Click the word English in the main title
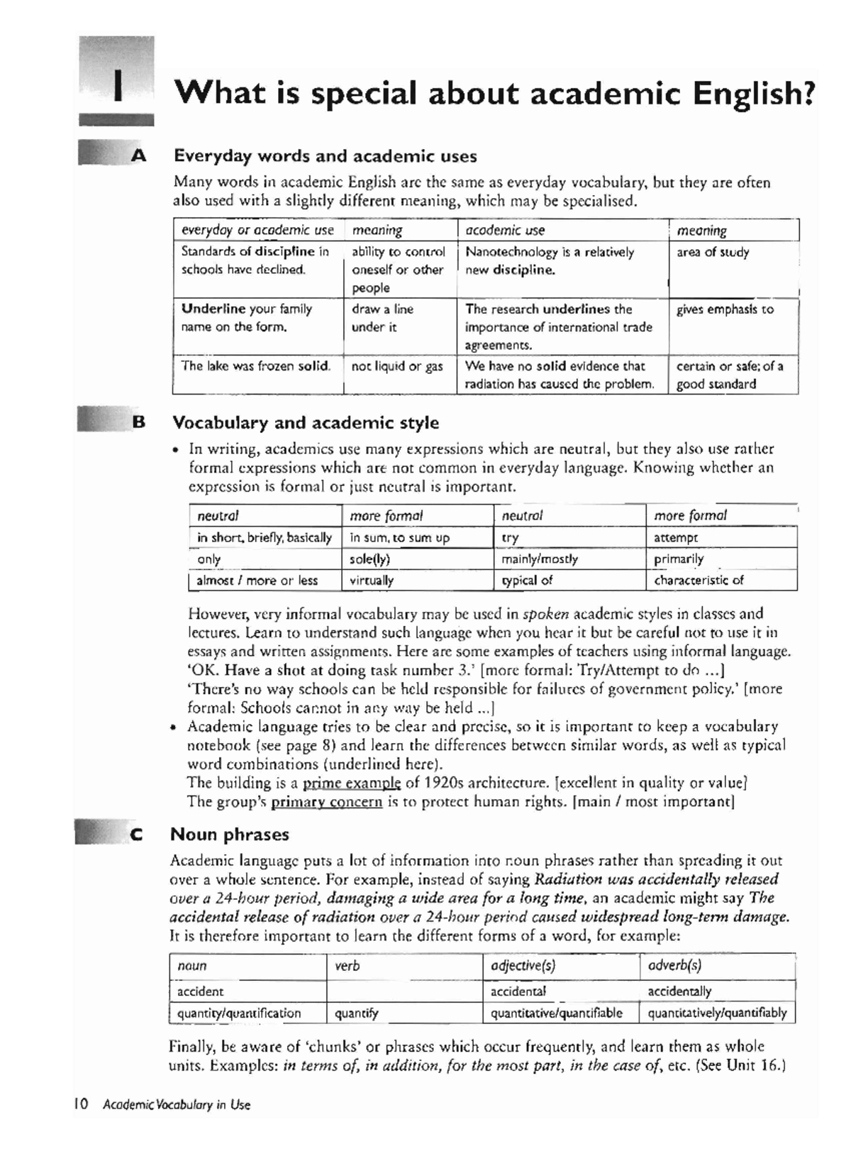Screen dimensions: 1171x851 [752, 93]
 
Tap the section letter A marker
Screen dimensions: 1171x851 [138, 155]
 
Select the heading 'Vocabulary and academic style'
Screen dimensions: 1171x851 [306, 423]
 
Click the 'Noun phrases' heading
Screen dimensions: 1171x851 [230, 834]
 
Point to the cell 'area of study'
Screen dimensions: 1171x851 [713, 252]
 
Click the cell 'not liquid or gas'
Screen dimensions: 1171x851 [396, 366]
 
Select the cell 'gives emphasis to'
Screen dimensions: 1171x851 [725, 309]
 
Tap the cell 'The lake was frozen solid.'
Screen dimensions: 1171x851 [256, 366]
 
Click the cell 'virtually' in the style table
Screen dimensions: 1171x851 [372, 581]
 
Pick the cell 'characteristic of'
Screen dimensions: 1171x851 [699, 581]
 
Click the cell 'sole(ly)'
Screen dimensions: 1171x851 [370, 559]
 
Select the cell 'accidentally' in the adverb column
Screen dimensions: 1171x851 [679, 991]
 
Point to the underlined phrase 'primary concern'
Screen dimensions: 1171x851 [326, 803]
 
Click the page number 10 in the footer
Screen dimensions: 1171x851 [80, 1104]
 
